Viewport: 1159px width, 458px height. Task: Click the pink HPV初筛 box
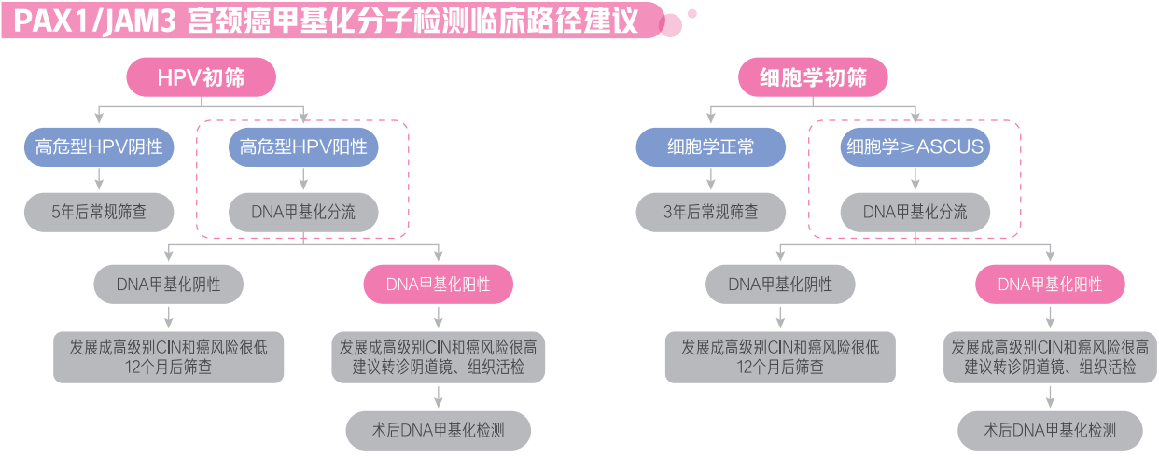coord(202,77)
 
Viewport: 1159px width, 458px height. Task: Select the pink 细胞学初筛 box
coord(813,77)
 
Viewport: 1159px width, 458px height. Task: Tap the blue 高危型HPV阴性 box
coord(99,147)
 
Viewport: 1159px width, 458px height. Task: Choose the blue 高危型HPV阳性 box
coord(303,147)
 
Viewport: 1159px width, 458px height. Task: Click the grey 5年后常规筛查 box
coord(99,212)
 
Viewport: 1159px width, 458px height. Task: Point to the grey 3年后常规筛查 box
coord(710,212)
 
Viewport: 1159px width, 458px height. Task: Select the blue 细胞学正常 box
coord(710,147)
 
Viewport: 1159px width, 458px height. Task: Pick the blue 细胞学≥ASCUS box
coord(915,147)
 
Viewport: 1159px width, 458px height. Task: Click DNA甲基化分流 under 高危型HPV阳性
coord(303,212)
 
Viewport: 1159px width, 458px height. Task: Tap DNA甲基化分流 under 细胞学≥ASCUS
coord(915,212)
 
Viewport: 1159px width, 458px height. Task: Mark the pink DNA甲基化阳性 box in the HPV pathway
coord(438,284)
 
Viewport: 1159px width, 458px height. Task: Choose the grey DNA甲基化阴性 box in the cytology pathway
coord(780,284)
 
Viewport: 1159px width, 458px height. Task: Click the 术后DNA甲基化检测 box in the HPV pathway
coord(438,430)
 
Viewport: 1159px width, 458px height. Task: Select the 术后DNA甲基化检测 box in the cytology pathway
coord(1050,430)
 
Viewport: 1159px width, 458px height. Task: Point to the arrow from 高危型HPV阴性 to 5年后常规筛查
coord(99,180)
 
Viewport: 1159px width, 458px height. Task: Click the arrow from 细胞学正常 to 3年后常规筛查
coord(710,180)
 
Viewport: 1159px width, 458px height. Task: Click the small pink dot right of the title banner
coord(691,13)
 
